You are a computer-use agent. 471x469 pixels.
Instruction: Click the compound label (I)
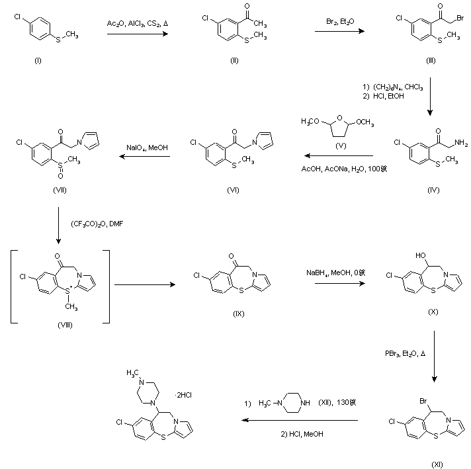click(x=38, y=60)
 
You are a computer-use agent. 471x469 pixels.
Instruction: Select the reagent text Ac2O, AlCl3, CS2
click(x=136, y=24)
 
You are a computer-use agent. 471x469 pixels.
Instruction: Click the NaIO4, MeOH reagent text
click(x=148, y=148)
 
